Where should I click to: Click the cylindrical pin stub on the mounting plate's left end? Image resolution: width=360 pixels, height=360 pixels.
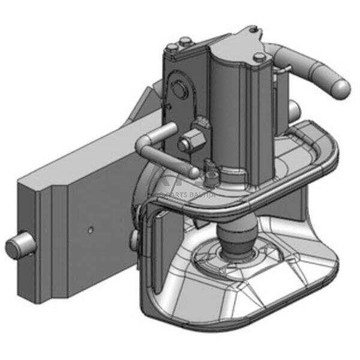click(18, 247)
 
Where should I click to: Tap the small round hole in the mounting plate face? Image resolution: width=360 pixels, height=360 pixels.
click(89, 230)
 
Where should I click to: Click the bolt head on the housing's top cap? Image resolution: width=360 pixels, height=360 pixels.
click(259, 58)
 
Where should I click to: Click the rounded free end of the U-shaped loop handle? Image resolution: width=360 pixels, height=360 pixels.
click(193, 172)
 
